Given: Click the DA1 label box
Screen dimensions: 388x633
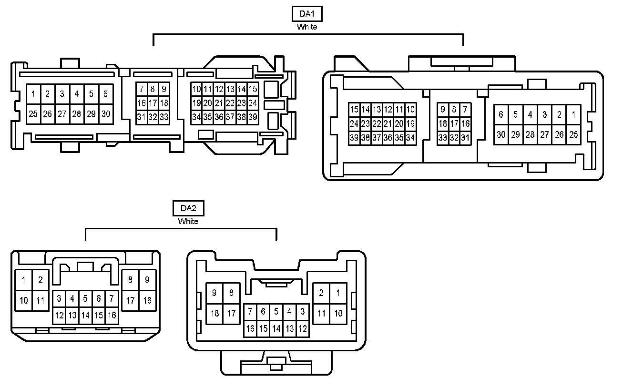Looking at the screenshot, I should coord(307,14).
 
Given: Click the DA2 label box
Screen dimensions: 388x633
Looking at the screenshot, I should coord(188,208).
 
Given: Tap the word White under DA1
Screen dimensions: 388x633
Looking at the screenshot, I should coord(307,27).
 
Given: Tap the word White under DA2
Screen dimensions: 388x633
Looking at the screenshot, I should coord(188,221).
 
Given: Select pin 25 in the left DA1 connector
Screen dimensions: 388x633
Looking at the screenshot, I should coord(33,114).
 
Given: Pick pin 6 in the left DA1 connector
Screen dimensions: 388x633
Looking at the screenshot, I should coord(105,94).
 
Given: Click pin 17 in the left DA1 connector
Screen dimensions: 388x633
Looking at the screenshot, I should coord(153,103).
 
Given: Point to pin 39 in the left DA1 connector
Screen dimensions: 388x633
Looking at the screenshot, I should coord(253,117).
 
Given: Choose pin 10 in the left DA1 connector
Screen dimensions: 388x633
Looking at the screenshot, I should coord(196,89).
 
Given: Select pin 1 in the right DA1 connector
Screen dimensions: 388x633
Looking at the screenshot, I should coord(573,114).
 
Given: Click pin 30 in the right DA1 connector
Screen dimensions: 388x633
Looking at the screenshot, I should coord(501,134).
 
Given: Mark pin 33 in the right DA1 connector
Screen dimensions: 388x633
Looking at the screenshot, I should coord(443,138).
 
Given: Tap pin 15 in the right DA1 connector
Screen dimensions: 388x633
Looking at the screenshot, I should coord(354,110).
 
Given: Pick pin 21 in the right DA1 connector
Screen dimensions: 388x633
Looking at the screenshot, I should coord(388,124).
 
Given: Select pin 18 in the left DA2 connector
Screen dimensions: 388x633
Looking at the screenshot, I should coord(147,301).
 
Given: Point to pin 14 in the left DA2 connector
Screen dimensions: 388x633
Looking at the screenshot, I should coord(85,315).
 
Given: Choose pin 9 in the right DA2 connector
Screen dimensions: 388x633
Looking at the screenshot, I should coord(214,293).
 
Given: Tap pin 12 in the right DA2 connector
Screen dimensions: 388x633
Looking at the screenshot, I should coord(303,328).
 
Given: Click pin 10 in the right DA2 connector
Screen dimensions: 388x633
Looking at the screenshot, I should coord(338,313).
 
